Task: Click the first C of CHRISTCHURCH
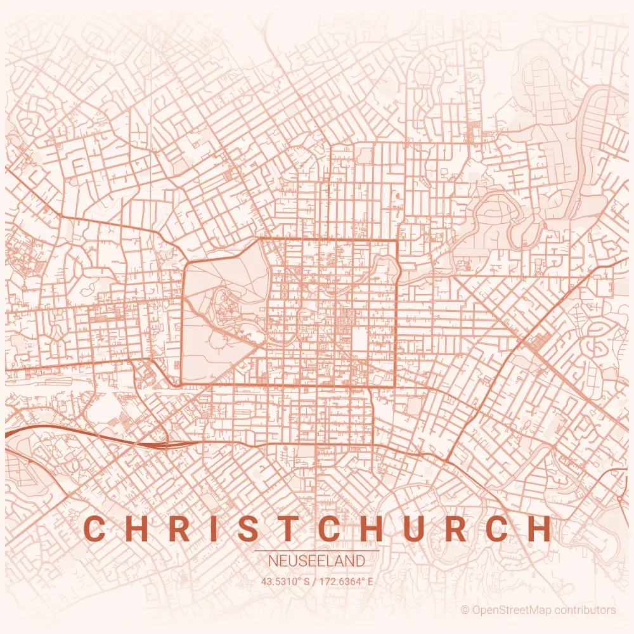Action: point(94,529)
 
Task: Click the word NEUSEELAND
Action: point(316,561)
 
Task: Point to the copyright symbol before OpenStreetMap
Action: point(465,610)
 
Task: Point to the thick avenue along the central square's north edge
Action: point(330,240)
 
